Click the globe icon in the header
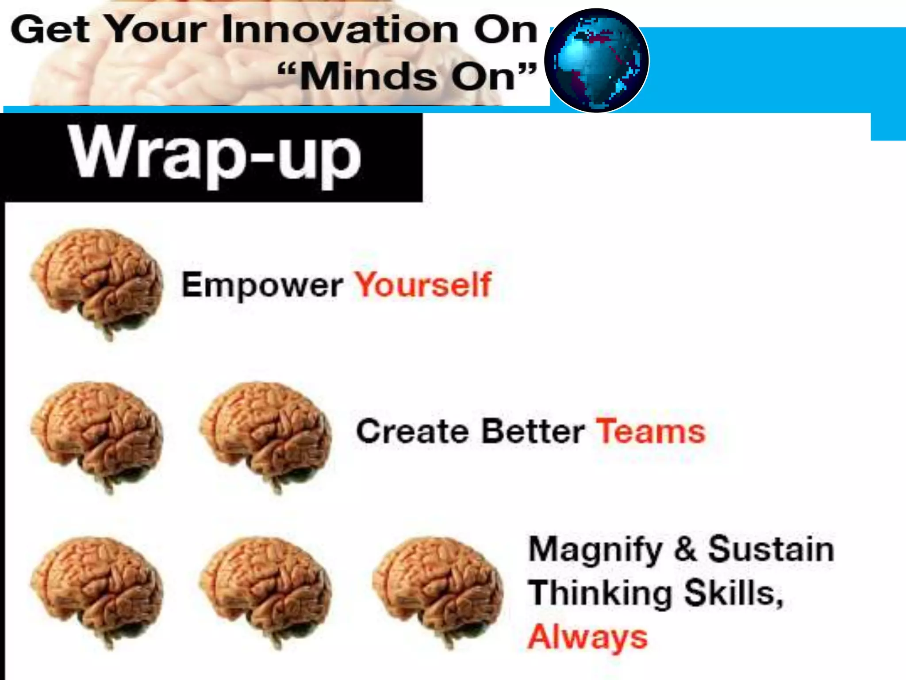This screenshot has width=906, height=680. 596,61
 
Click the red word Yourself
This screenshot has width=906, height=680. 423,284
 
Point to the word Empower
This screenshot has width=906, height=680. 262,286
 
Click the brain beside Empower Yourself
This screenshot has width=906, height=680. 97,282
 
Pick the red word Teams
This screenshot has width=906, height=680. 650,431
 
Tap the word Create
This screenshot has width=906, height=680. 412,431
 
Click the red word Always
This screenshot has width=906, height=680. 587,637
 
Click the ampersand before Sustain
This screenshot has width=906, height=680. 685,549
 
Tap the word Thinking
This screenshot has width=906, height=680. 600,593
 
